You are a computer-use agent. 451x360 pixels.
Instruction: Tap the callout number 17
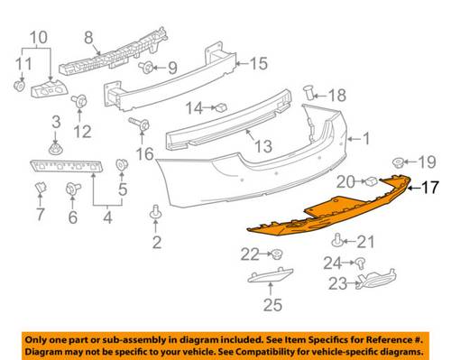(430, 188)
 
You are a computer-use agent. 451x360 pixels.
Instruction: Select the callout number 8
(88, 38)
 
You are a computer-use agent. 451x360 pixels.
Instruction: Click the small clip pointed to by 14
(222, 107)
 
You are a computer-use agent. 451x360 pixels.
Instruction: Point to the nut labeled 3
(56, 149)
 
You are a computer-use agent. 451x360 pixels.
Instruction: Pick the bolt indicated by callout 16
(139, 124)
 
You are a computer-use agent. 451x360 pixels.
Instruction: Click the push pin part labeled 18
(308, 92)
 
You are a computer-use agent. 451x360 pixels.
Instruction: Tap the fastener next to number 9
(146, 68)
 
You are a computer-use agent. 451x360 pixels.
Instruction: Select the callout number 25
(272, 305)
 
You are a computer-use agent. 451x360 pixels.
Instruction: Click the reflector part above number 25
(270, 275)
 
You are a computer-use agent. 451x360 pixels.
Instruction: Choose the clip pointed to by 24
(360, 263)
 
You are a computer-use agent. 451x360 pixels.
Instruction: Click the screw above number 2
(155, 212)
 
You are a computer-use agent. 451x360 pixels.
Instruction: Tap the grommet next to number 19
(398, 162)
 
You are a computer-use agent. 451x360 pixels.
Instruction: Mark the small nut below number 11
(20, 85)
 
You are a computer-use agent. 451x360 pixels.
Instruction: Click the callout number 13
(263, 146)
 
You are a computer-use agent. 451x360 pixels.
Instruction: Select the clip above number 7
(41, 189)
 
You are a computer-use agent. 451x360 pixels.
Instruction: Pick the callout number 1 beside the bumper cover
(366, 139)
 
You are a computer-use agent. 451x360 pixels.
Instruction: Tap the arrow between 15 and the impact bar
(243, 63)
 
